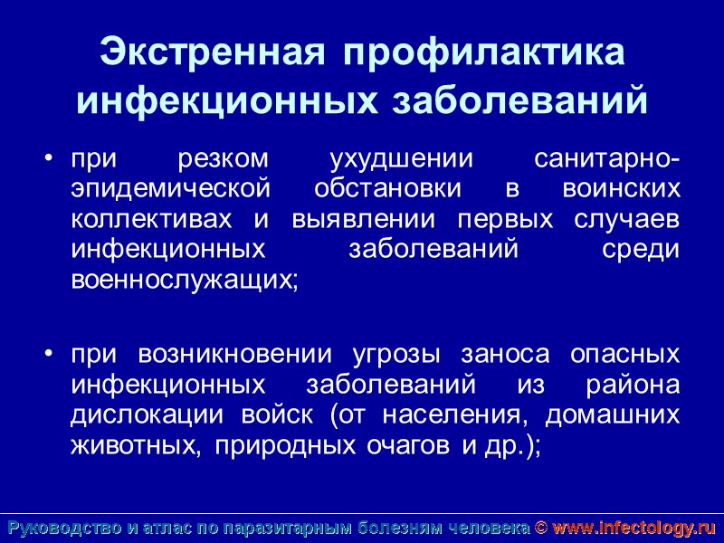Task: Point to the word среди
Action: [x=640, y=250]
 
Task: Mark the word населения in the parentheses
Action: [x=453, y=414]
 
